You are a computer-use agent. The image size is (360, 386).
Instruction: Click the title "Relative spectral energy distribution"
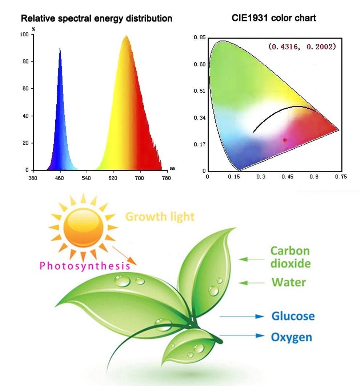tap(96, 19)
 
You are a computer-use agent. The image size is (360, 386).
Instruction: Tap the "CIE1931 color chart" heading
tap(273, 18)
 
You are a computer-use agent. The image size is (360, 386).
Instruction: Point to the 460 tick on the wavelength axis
tap(59, 178)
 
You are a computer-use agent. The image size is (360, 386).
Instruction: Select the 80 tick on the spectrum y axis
tap(25, 61)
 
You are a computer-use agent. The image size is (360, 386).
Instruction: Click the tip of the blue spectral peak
tap(60, 49)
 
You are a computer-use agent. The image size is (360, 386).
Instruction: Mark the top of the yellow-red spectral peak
tap(126, 36)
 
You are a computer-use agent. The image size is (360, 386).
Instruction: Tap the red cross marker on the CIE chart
tap(285, 140)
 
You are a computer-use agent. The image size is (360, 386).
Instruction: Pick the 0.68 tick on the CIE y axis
tap(199, 64)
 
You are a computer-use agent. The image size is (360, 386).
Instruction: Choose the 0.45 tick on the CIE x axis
tap(287, 177)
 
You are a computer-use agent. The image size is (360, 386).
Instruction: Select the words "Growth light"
tap(160, 217)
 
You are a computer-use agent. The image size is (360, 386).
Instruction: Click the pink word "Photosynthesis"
tap(85, 266)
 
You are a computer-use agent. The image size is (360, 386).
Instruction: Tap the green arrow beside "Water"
tap(251, 283)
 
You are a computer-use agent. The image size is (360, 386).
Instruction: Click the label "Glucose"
tap(293, 316)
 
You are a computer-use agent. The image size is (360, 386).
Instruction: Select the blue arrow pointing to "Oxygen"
tap(242, 335)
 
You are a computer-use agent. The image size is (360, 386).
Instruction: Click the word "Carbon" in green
tap(290, 251)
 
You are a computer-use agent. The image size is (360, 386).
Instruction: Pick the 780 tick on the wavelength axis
tap(166, 178)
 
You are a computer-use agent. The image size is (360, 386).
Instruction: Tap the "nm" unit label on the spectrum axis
tap(172, 169)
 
